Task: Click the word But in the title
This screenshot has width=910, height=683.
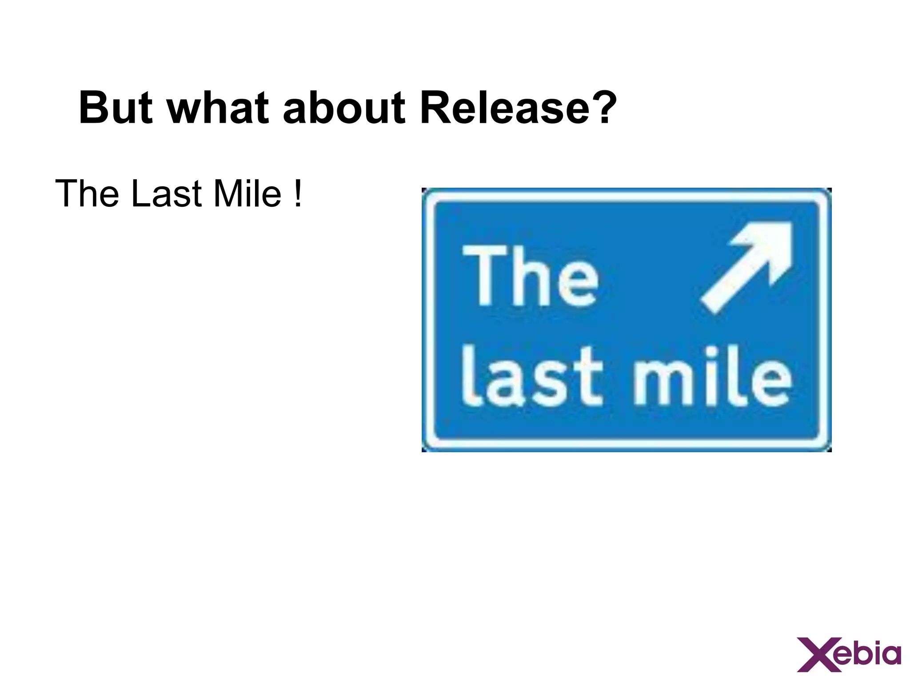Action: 116,108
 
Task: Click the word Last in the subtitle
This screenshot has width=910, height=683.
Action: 167,194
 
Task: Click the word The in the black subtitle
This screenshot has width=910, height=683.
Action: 87,194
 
